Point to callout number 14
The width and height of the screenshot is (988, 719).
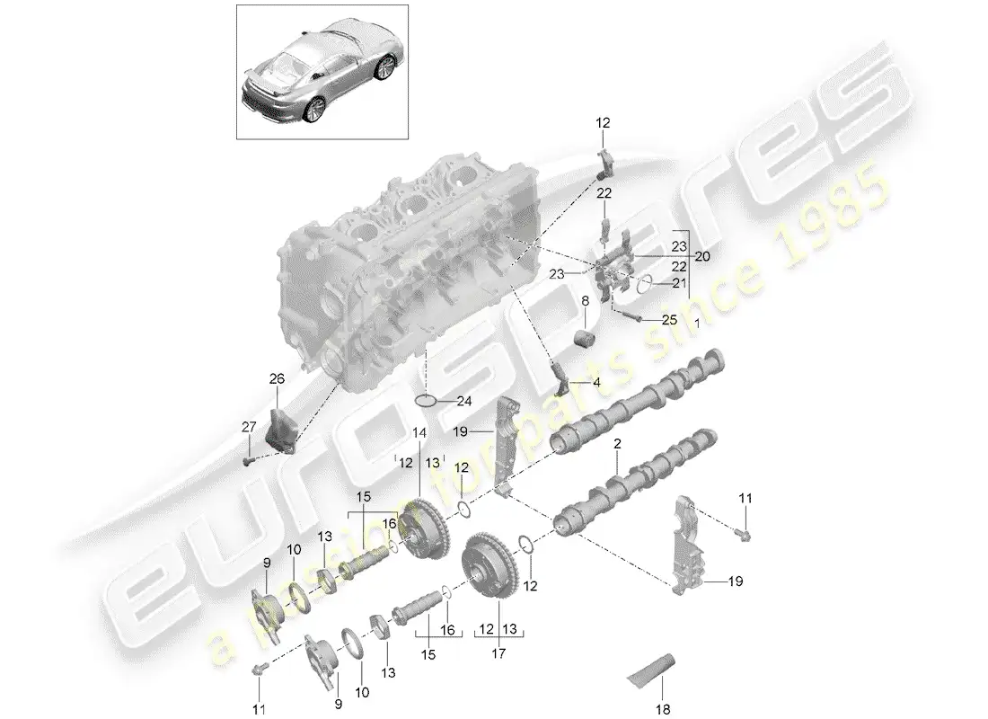point(419,432)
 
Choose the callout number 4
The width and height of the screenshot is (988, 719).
point(596,381)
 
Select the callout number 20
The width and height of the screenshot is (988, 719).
point(701,256)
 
